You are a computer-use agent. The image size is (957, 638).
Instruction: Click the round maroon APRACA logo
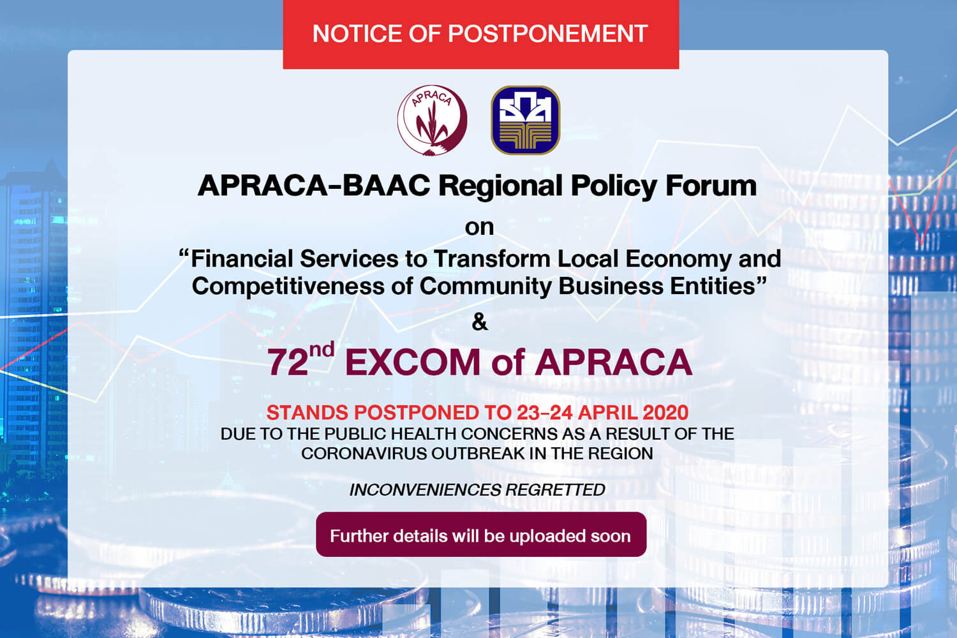[432, 120]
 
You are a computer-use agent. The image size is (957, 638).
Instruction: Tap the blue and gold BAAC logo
[526, 120]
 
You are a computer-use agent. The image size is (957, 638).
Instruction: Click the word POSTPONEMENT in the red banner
[547, 34]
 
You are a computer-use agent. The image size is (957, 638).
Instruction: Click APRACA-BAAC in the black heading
[314, 186]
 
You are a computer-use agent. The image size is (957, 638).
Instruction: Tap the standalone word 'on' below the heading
[479, 227]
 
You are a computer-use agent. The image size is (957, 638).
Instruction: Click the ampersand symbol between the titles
[479, 322]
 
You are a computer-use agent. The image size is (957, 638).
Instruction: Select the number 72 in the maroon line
[288, 362]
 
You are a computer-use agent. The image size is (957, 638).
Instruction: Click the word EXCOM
[413, 362]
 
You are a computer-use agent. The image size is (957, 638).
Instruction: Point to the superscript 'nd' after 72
[322, 350]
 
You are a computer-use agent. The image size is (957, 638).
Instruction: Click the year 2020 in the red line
[665, 413]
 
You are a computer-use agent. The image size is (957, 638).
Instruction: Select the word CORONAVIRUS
[364, 454]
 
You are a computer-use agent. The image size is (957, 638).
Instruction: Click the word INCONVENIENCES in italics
[425, 490]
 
